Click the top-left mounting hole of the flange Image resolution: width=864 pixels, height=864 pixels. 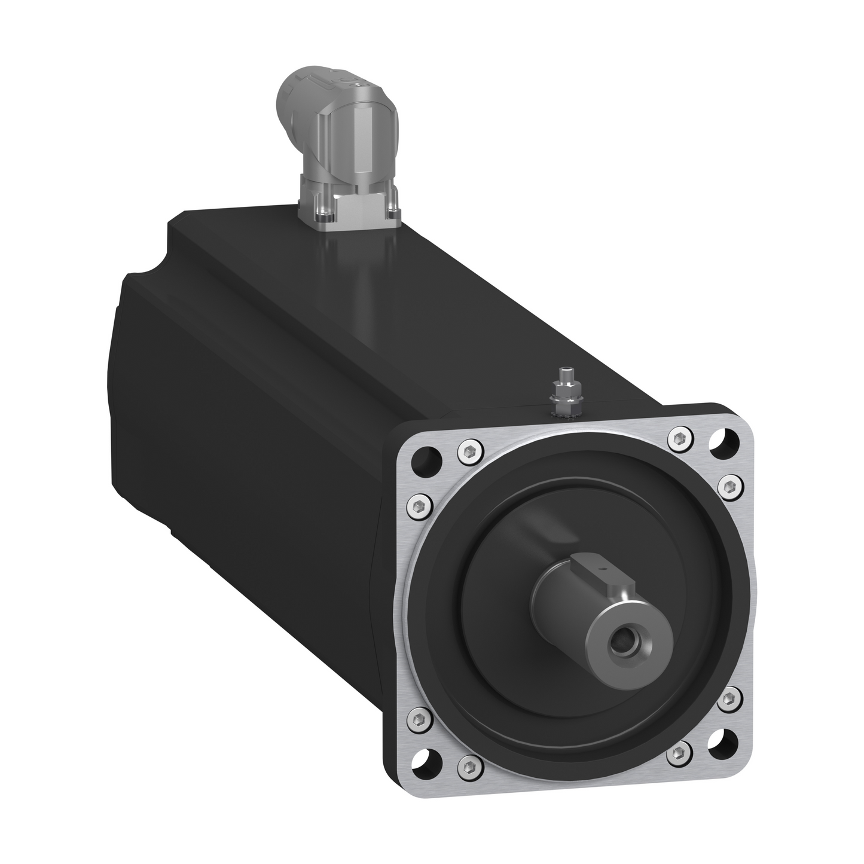(x=428, y=458)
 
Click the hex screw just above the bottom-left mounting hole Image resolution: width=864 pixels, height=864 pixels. (x=419, y=716)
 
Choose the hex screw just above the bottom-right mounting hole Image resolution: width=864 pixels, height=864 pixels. (x=729, y=699)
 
